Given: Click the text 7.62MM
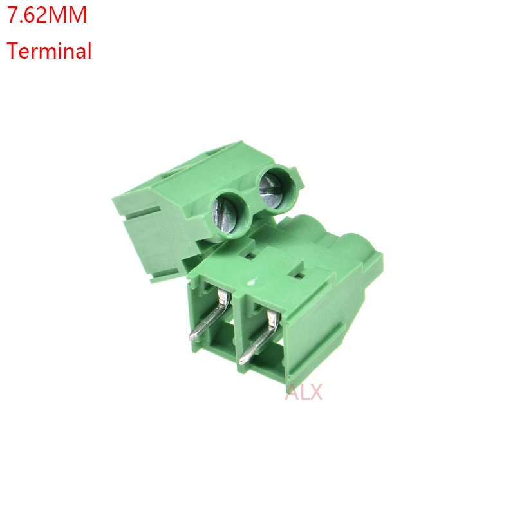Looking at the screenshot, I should tap(46, 15).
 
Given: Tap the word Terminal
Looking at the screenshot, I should tap(49, 50).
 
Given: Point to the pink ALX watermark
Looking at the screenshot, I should tap(303, 391).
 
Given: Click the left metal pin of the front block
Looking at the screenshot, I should tap(209, 319).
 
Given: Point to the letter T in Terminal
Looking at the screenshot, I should tap(12, 50).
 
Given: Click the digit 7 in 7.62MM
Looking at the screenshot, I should tap(12, 15).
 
